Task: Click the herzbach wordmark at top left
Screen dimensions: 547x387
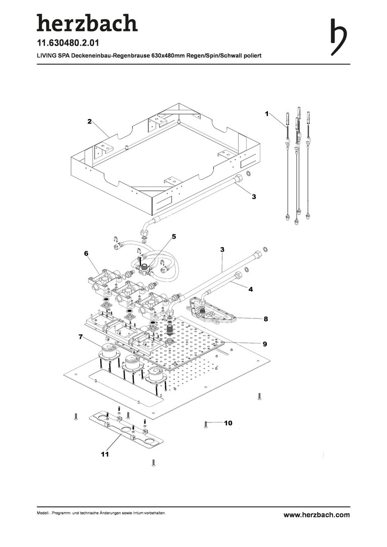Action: [x=87, y=22]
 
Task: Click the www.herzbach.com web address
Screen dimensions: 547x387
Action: [x=317, y=515]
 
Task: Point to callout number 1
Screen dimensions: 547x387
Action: [x=266, y=114]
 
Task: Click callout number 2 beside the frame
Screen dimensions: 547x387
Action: [x=89, y=122]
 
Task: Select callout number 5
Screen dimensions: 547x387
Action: [x=173, y=237]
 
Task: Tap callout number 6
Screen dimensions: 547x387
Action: [x=87, y=253]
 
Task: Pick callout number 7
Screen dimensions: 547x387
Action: [x=81, y=337]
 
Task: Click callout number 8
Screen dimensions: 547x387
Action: [x=265, y=319]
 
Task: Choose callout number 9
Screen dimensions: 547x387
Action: [x=264, y=344]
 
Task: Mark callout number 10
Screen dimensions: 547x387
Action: [x=228, y=422]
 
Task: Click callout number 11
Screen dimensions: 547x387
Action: [x=104, y=455]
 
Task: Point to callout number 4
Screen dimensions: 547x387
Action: [x=250, y=289]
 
